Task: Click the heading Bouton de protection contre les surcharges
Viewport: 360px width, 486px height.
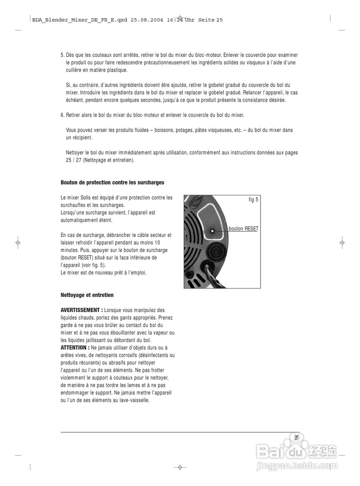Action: point(112,183)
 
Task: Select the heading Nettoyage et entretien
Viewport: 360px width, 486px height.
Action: point(87,295)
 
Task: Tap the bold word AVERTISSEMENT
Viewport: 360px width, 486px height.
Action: point(82,310)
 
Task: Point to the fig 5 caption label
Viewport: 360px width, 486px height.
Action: point(253,200)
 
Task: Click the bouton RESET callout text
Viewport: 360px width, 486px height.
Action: point(243,229)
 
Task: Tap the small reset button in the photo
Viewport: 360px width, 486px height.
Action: point(212,231)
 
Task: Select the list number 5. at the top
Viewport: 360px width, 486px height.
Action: point(63,55)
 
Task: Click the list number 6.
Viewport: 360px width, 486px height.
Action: point(63,115)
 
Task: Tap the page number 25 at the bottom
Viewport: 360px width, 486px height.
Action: point(297,437)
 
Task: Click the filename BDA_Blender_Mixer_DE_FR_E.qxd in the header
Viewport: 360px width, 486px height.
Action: point(80,20)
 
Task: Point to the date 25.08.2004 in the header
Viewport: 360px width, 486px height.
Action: point(147,20)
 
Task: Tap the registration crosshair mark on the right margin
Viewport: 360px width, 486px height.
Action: point(342,242)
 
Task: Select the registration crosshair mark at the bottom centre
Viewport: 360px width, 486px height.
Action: point(180,467)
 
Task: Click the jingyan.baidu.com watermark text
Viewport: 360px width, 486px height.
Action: point(297,465)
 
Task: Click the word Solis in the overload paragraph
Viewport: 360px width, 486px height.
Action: point(85,198)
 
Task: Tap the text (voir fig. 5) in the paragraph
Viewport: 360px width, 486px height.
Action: point(93,265)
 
